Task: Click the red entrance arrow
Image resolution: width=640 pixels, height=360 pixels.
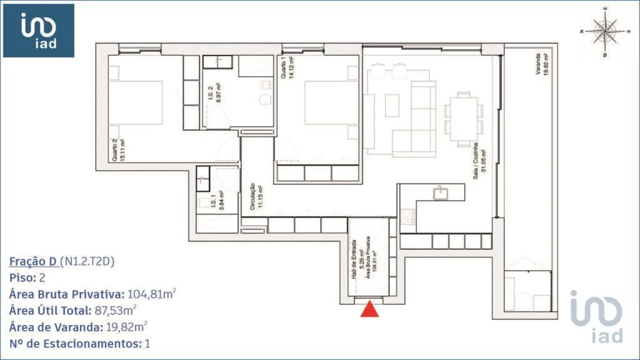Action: tap(369, 309)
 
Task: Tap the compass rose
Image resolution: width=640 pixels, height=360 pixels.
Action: tap(605, 31)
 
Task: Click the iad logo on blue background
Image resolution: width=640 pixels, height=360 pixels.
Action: tap(38, 30)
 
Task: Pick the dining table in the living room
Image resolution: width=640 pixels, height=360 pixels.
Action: tap(463, 119)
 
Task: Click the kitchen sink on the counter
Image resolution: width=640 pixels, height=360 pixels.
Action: tap(440, 193)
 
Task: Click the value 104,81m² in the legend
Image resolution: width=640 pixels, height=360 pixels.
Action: tap(151, 294)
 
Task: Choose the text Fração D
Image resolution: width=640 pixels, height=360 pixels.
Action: tap(33, 262)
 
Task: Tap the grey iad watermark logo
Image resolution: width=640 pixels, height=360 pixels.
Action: tap(596, 316)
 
